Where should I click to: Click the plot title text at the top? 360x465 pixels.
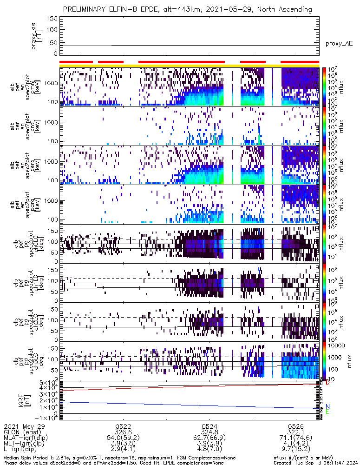tap(188, 9)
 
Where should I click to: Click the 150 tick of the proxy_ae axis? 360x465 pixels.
tap(52, 19)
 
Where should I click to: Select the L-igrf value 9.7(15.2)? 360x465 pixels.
tap(296, 451)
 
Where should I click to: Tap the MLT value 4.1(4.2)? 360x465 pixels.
tap(296, 445)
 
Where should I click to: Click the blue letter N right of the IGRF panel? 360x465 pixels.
tap(327, 406)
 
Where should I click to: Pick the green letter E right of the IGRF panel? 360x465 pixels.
tap(327, 412)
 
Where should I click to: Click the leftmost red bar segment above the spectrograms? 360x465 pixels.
tap(76, 61)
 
